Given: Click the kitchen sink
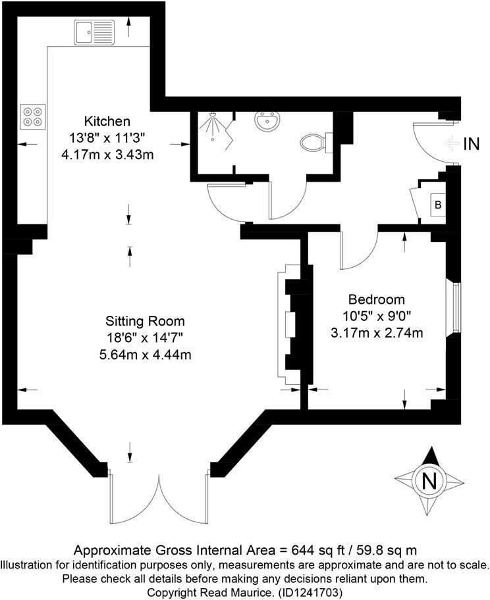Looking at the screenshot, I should tap(95, 31).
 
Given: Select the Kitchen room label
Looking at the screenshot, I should tap(107, 121).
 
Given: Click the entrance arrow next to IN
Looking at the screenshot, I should tap(452, 144).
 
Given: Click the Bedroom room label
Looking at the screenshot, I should tap(377, 300).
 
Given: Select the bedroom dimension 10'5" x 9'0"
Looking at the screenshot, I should tap(377, 316).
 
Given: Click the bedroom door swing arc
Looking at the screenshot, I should tap(357, 253).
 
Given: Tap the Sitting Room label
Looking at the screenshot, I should tap(145, 322).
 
